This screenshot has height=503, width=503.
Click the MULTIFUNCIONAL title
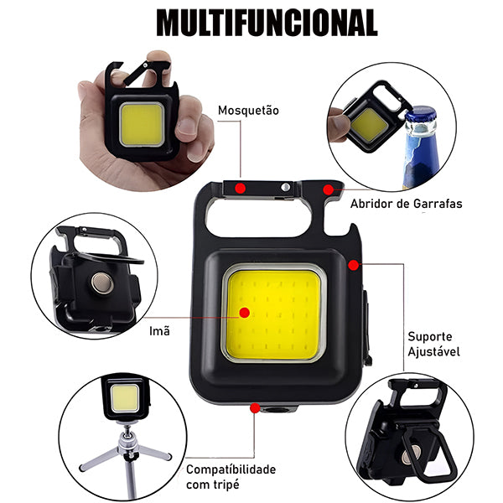click(267, 23)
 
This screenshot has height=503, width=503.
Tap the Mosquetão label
click(248, 111)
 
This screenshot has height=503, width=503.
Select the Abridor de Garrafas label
click(406, 204)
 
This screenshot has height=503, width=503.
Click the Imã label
click(159, 331)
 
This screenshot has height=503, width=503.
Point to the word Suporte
click(430, 336)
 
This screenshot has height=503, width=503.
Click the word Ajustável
click(433, 351)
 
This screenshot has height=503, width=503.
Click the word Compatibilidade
click(231, 469)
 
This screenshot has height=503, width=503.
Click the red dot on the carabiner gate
click(240, 189)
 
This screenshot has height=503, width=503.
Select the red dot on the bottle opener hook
click(328, 190)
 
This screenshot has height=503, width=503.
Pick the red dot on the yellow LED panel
click(245, 313)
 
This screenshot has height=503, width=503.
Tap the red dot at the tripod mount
click(255, 408)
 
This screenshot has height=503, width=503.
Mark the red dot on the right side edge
click(353, 265)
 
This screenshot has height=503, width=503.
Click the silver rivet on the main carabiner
click(286, 187)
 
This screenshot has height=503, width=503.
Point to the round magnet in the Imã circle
click(102, 283)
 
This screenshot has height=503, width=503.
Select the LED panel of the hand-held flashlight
click(143, 124)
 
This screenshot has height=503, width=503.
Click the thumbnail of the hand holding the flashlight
click(146, 120)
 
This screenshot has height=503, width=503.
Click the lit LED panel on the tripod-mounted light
click(125, 398)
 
